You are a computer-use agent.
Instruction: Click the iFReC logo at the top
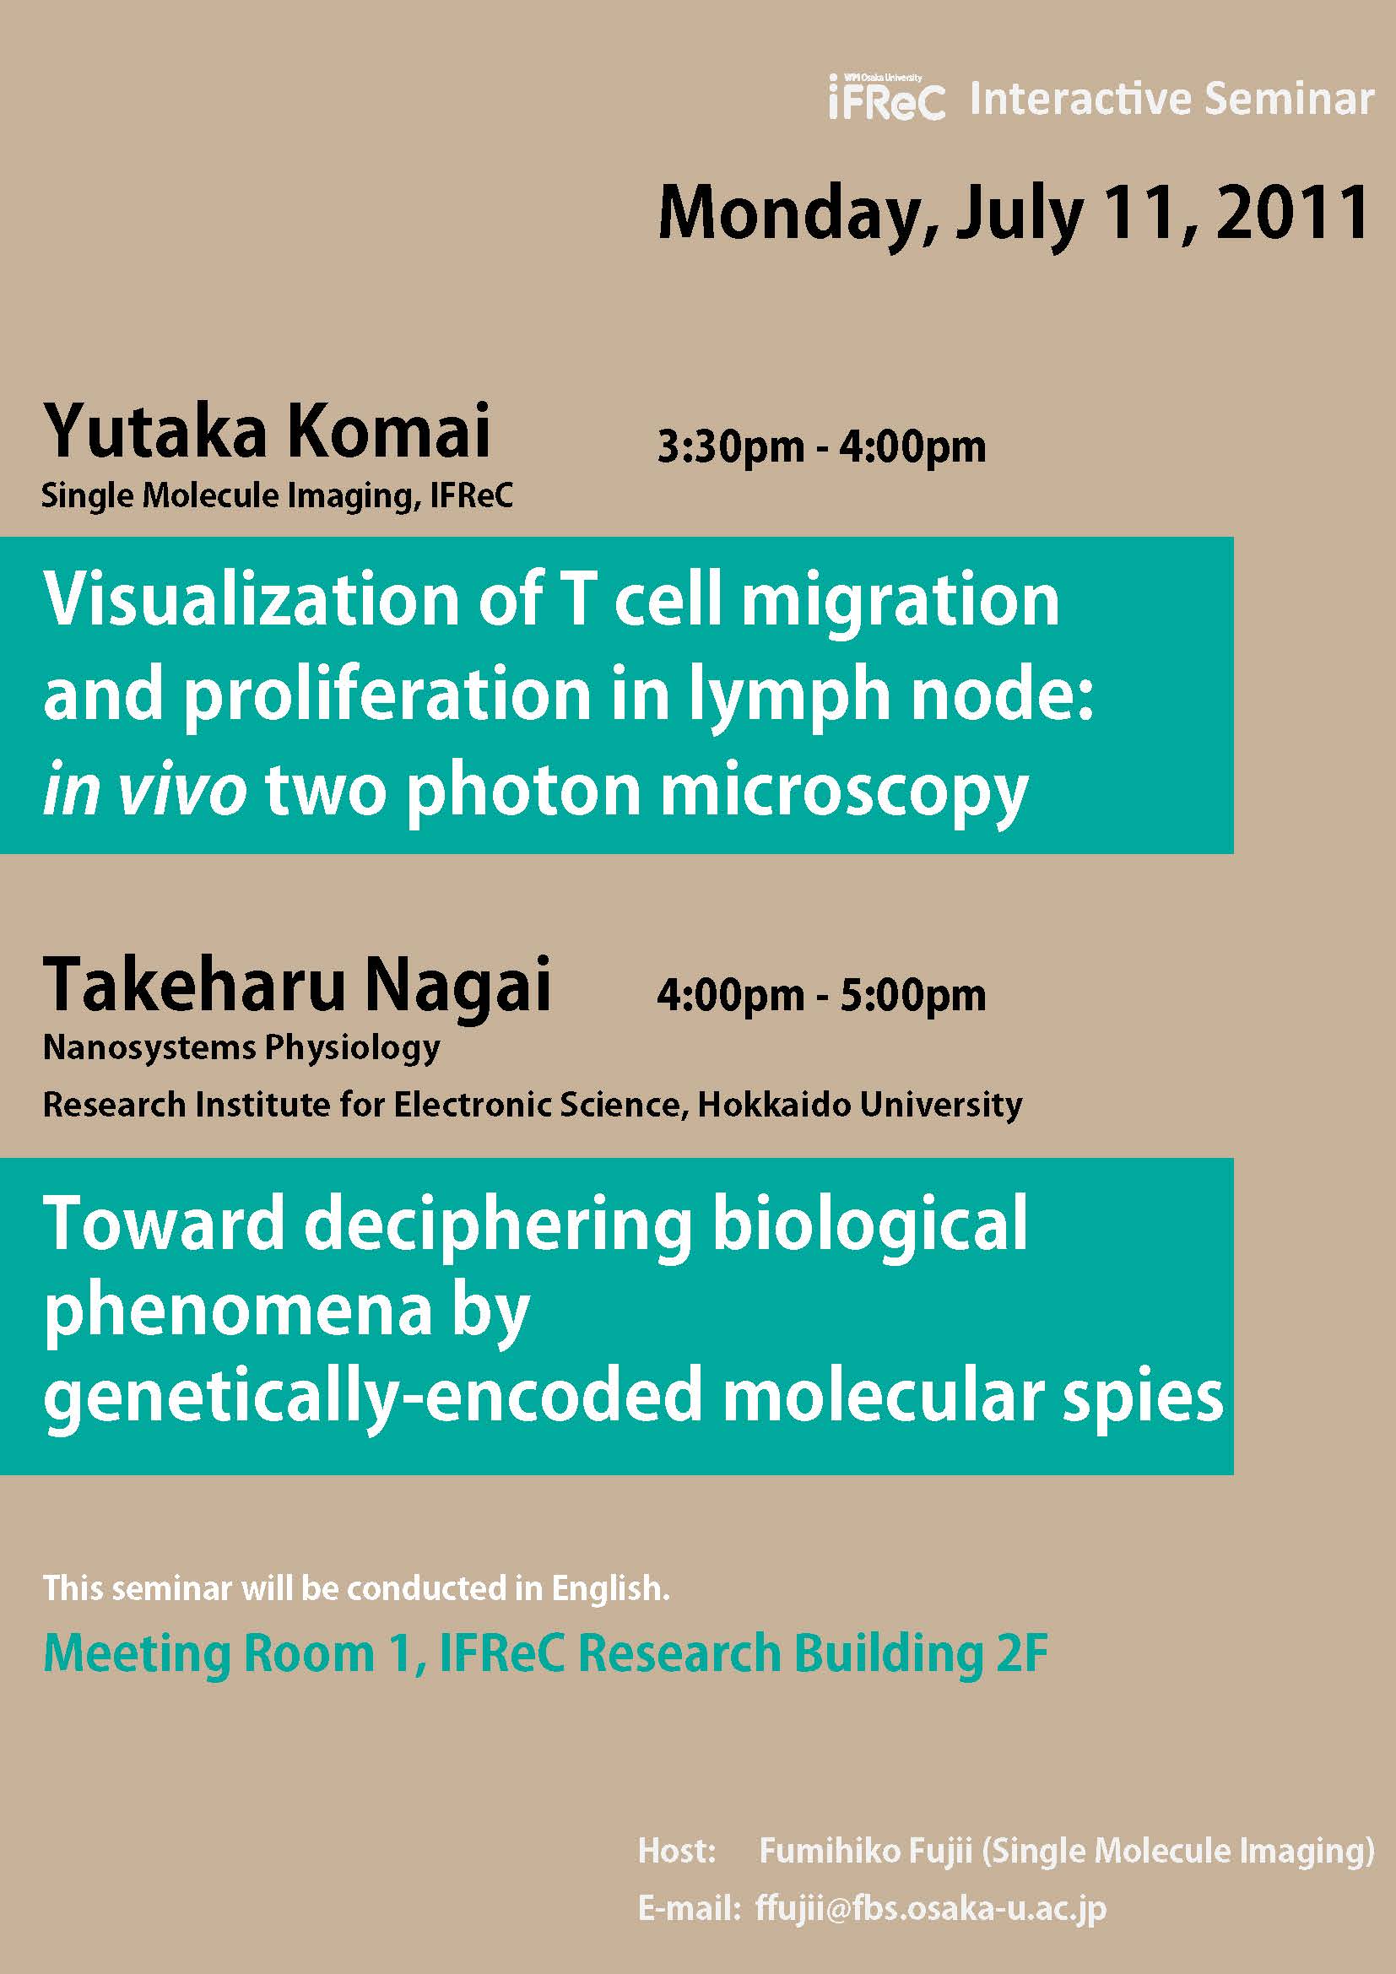887,97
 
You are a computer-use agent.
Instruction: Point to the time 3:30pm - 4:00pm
821,447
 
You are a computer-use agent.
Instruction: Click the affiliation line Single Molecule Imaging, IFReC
278,496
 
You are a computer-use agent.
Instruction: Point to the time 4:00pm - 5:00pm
821,995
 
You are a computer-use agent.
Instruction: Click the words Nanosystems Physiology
241,1048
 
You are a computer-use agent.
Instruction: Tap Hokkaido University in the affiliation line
859,1105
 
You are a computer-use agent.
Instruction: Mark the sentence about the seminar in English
356,1588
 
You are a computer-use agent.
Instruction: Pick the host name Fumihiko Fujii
866,1849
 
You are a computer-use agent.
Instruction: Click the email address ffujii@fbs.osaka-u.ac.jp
931,1908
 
